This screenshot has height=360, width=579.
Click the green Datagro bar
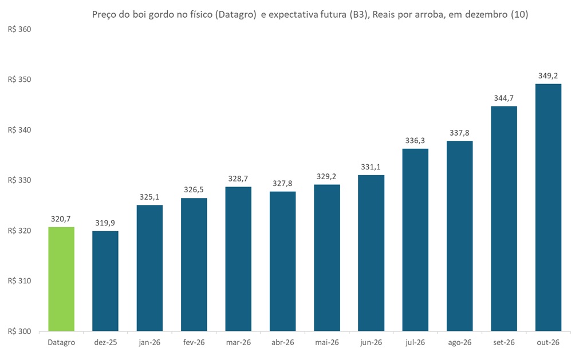61,279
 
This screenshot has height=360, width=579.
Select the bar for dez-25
105,281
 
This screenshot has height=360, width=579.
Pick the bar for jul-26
415,240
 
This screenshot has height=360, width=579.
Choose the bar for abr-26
282,261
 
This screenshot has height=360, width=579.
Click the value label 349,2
548,75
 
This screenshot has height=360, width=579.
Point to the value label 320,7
61,218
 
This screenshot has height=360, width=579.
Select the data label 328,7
238,178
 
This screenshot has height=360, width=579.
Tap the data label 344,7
503,97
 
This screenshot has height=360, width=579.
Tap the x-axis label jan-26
150,343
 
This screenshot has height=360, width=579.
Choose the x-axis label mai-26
326,343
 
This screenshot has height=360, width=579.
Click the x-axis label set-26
503,343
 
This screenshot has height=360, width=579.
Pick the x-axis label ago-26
459,343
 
